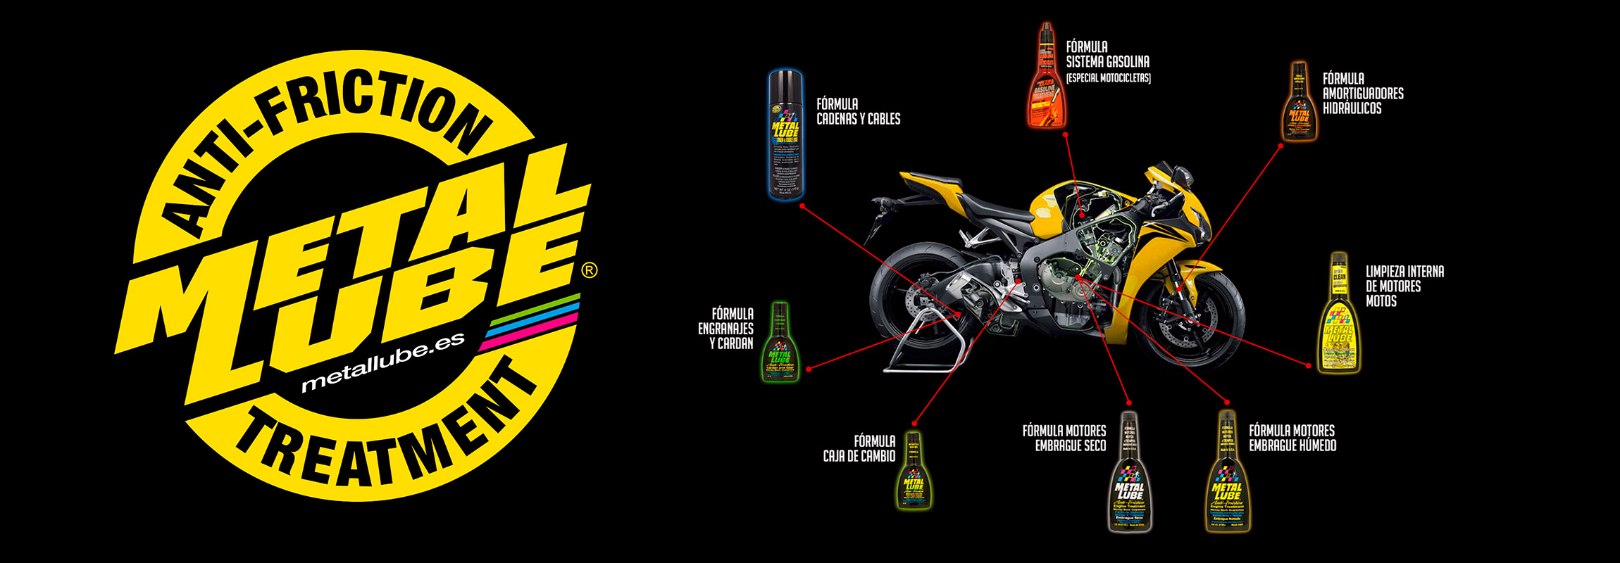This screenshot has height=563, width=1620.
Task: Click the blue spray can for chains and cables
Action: (785, 134)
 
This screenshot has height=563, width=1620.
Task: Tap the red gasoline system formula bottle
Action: (1046, 81)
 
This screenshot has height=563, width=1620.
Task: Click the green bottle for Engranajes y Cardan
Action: (779, 343)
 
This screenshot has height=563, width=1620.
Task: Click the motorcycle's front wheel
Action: (1190, 317)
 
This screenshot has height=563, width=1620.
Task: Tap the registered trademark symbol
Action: (590, 270)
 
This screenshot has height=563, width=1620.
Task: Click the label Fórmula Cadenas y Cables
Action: (858, 112)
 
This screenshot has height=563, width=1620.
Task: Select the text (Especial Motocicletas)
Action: (1108, 78)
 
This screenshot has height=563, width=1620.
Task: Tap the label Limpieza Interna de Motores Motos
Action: (1404, 286)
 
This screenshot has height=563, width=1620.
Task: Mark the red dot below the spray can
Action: (802, 206)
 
